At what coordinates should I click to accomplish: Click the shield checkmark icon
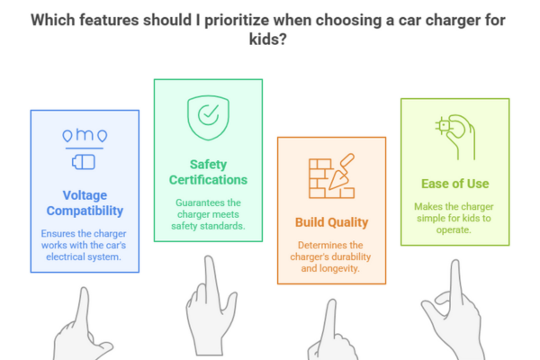(x=209, y=118)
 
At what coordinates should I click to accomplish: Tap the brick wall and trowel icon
(x=331, y=175)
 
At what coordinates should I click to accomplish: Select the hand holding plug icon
(x=455, y=137)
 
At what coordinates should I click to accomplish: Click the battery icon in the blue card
(x=84, y=162)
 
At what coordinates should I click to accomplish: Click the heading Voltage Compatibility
(x=85, y=202)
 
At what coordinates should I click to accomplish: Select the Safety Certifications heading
(x=208, y=172)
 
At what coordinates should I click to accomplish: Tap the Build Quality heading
(x=331, y=222)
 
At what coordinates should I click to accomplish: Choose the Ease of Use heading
(x=454, y=184)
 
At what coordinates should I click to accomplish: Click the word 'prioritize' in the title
(x=237, y=20)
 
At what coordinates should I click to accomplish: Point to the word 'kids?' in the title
(x=268, y=39)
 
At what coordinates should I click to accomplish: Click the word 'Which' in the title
(x=53, y=20)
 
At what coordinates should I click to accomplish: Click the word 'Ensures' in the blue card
(x=58, y=234)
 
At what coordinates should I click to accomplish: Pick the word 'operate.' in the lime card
(x=454, y=229)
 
